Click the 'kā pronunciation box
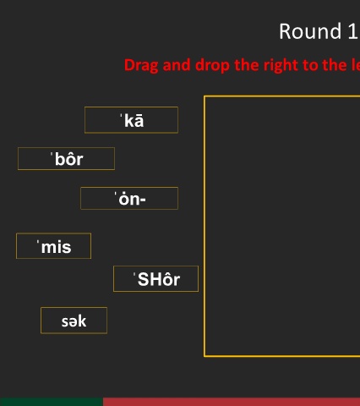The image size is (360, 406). [x=131, y=120]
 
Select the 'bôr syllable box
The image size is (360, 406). [x=66, y=159]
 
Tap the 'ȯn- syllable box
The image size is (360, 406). [x=129, y=198]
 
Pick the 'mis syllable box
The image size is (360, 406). [x=54, y=246]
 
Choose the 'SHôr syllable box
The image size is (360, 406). [x=155, y=279]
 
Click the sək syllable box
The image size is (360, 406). [x=74, y=321]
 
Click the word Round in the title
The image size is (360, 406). [x=310, y=31]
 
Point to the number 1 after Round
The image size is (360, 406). [x=353, y=31]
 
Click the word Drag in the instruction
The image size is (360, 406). [x=141, y=65]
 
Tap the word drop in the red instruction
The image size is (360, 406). [x=213, y=65]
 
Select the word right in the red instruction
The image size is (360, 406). [x=280, y=65]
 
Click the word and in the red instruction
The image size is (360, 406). [x=177, y=65]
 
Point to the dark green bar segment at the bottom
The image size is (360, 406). [x=52, y=402]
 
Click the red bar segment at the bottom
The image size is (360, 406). [x=232, y=402]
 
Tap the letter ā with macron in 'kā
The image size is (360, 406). [x=139, y=121]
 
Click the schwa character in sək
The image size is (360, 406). [x=73, y=322]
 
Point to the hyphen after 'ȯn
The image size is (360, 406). [x=142, y=200]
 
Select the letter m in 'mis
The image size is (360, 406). [x=48, y=248]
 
